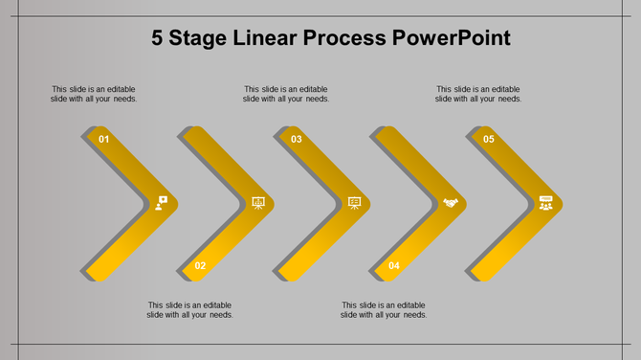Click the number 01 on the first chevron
[104, 140]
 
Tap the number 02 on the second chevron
[200, 266]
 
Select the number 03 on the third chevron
[297, 140]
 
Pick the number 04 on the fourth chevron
[393, 266]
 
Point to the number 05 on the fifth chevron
[489, 140]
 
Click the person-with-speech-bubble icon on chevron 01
[161, 203]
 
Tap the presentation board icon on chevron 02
[257, 203]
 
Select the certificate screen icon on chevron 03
[354, 203]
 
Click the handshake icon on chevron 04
[450, 203]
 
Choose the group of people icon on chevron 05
[545, 203]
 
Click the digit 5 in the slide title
[159, 39]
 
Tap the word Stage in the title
[204, 39]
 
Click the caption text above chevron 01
[94, 94]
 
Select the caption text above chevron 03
[286, 94]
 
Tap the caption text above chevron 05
[478, 94]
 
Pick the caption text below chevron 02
[190, 310]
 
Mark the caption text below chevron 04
[384, 310]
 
